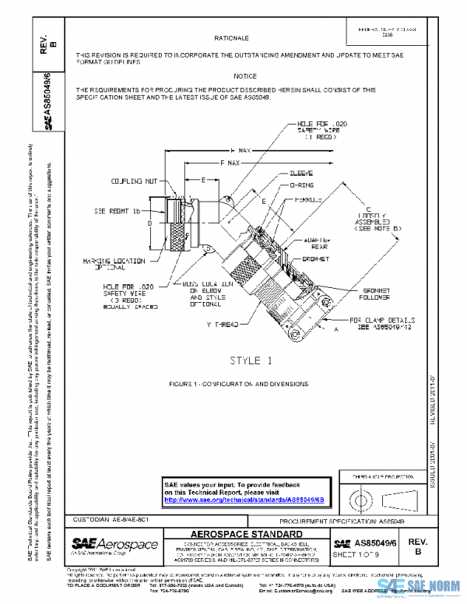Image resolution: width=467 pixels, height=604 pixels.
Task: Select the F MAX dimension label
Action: point(230,163)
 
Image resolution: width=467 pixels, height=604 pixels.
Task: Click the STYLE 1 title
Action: point(248,360)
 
